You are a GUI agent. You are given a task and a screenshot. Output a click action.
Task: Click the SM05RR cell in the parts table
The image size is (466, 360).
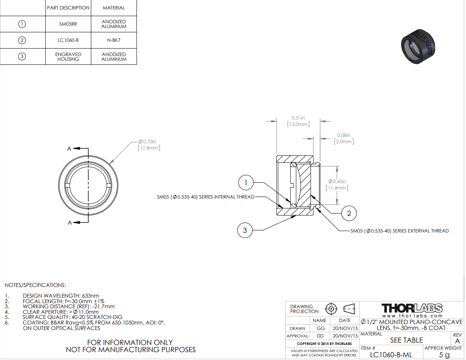68,24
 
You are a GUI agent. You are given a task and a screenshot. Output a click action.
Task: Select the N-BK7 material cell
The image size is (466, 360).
114,40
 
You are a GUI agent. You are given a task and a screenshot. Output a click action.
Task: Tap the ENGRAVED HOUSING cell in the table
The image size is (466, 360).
68,56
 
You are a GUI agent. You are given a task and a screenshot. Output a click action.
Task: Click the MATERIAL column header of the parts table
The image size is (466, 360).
114,8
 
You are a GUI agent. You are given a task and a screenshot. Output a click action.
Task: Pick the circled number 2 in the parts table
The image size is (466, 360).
22,40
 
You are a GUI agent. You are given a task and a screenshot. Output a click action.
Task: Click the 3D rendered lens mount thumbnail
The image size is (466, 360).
418,46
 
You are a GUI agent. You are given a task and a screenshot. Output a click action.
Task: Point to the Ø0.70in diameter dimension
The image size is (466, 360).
149,145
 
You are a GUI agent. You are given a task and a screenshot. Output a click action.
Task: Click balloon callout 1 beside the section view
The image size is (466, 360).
246,182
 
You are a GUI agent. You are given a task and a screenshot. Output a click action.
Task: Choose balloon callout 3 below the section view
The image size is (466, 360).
245,231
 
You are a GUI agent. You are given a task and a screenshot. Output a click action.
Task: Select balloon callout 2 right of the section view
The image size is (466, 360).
349,214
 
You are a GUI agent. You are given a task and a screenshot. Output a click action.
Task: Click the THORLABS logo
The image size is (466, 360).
412,308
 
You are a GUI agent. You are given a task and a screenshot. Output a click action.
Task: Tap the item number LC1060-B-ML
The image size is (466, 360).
391,354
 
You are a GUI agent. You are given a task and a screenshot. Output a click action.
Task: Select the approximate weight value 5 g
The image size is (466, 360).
444,354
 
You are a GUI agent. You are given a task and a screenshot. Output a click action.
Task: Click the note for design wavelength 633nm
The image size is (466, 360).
61,296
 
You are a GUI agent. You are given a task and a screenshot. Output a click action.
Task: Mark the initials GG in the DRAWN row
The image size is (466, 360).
321,328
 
